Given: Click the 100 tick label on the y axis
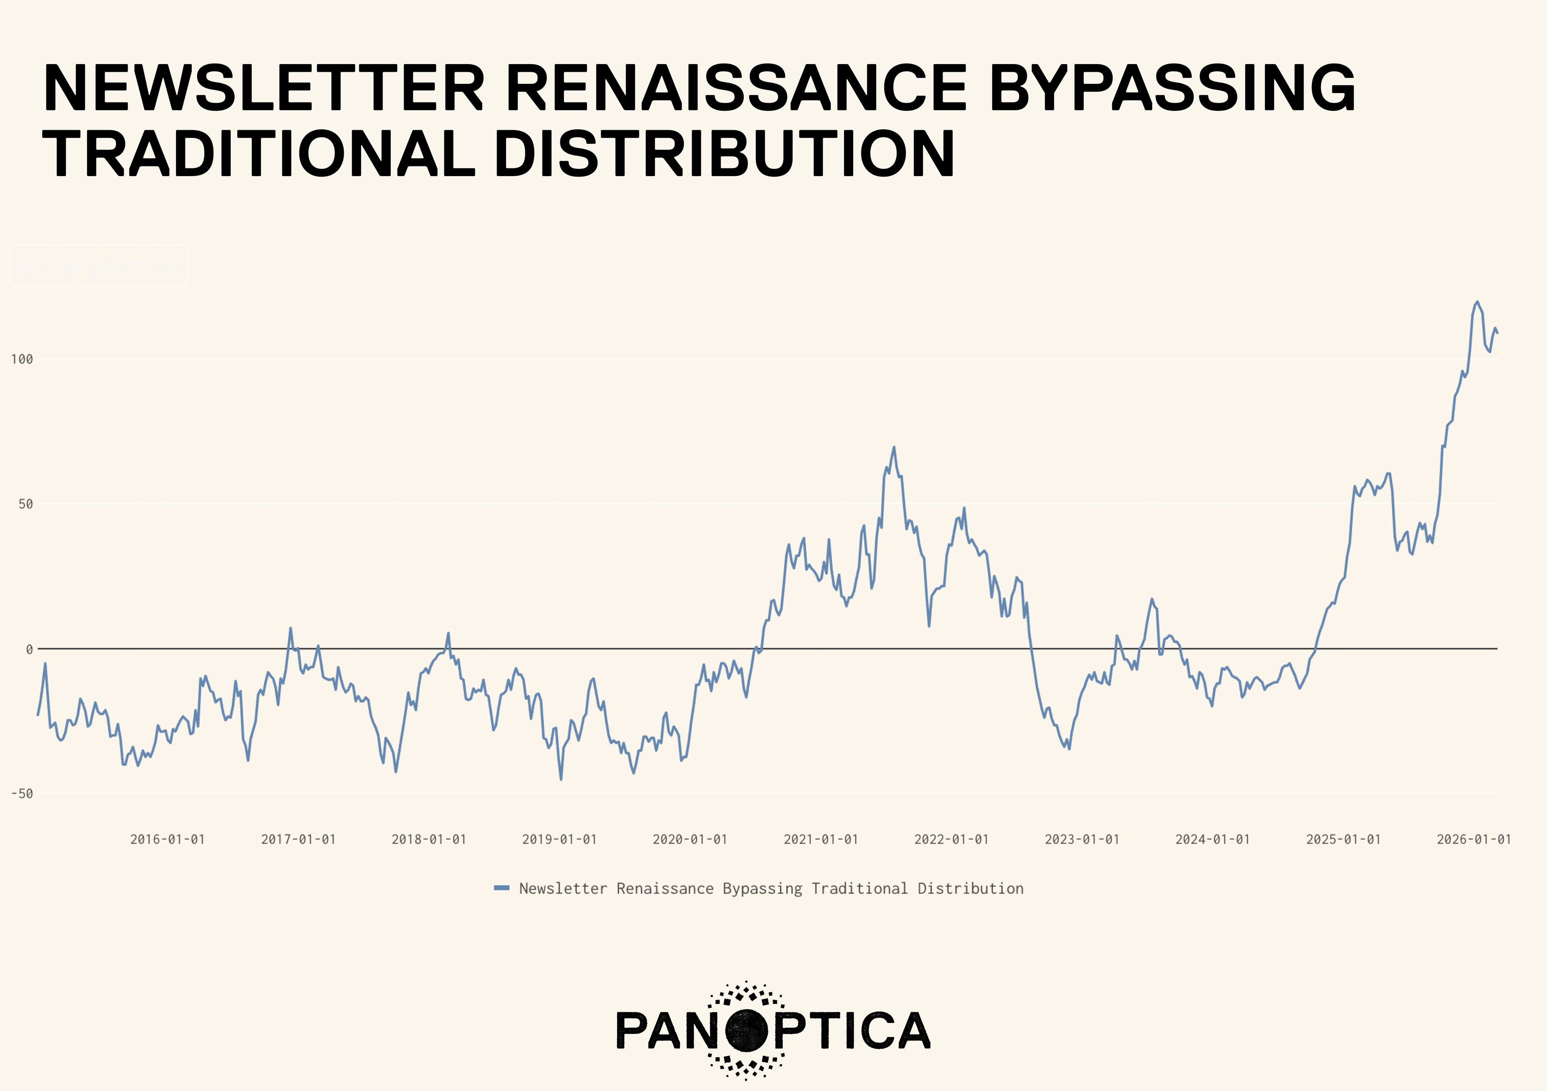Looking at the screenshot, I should [22, 359].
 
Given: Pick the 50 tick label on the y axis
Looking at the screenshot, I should [26, 504].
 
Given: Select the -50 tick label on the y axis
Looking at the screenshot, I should [22, 794].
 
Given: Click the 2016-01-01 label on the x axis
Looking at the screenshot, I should [167, 840].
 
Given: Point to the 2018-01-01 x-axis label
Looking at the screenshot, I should [429, 840].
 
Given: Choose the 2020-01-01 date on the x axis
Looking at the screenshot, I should [690, 840].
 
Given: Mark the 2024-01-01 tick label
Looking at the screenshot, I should [1213, 840].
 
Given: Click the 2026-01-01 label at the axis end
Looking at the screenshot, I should [1474, 840].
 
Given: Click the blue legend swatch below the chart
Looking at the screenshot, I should [501, 888].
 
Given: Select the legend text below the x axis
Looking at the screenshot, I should [771, 889].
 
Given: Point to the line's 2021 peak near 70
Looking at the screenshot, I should [894, 447].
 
